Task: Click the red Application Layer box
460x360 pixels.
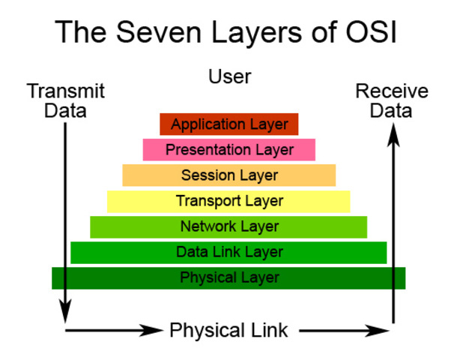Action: click(229, 124)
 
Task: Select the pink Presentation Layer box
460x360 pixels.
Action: click(229, 150)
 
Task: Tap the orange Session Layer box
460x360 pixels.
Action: click(229, 175)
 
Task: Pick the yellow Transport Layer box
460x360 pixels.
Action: click(229, 201)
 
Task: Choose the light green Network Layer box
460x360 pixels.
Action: click(229, 226)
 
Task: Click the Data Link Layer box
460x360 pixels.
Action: click(229, 252)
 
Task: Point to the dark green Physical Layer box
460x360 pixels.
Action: click(229, 277)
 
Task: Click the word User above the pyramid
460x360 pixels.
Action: click(230, 76)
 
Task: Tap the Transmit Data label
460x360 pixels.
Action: click(65, 101)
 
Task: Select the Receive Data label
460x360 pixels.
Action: click(392, 101)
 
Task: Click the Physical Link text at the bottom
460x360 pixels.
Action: click(229, 329)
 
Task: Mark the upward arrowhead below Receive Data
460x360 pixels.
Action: click(393, 133)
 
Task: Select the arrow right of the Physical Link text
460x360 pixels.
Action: click(345, 329)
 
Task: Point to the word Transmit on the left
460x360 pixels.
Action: click(65, 91)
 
